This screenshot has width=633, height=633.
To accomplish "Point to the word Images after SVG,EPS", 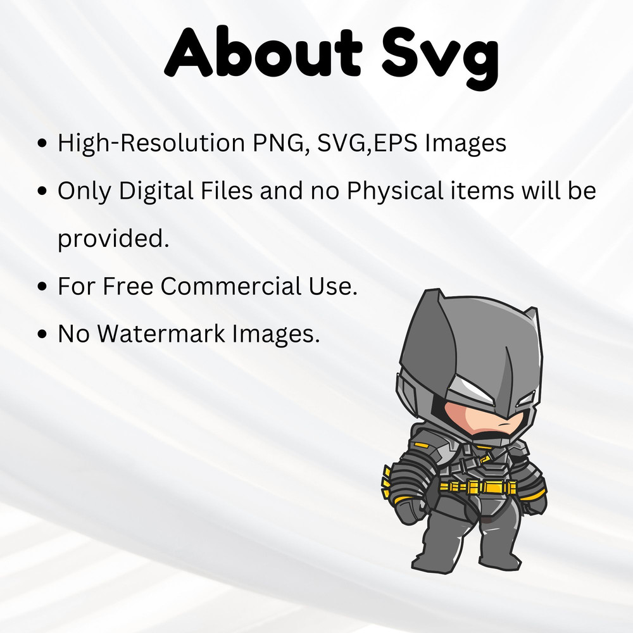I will tap(466, 144).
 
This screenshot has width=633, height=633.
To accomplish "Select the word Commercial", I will tap(228, 286).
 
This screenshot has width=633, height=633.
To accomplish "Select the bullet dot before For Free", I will tap(43, 287).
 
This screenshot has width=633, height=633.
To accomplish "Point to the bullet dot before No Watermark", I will tap(43, 334).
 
